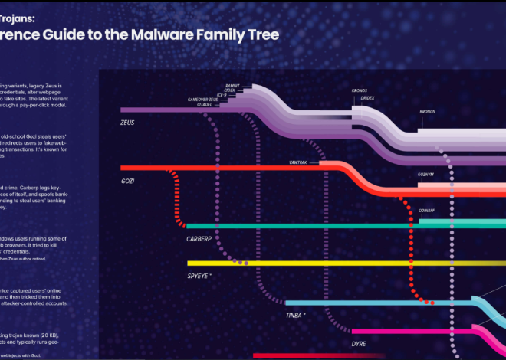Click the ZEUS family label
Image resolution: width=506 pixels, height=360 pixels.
click(131, 122)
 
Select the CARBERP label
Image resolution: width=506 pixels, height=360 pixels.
click(199, 239)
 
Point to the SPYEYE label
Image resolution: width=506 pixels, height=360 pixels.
click(199, 275)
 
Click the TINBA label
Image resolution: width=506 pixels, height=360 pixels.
click(294, 315)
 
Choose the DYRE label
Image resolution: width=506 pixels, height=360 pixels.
click(359, 344)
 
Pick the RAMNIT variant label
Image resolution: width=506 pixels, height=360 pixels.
click(232, 85)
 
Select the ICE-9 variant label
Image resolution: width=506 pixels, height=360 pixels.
click(221, 95)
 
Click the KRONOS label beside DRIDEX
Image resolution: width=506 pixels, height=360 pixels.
click(360, 90)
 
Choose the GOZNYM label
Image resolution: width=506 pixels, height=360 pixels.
click(426, 175)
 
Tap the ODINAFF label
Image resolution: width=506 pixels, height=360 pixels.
click(427, 209)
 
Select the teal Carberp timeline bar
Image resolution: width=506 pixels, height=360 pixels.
click(307, 226)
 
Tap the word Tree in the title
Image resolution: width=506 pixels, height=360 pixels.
click(262, 35)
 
